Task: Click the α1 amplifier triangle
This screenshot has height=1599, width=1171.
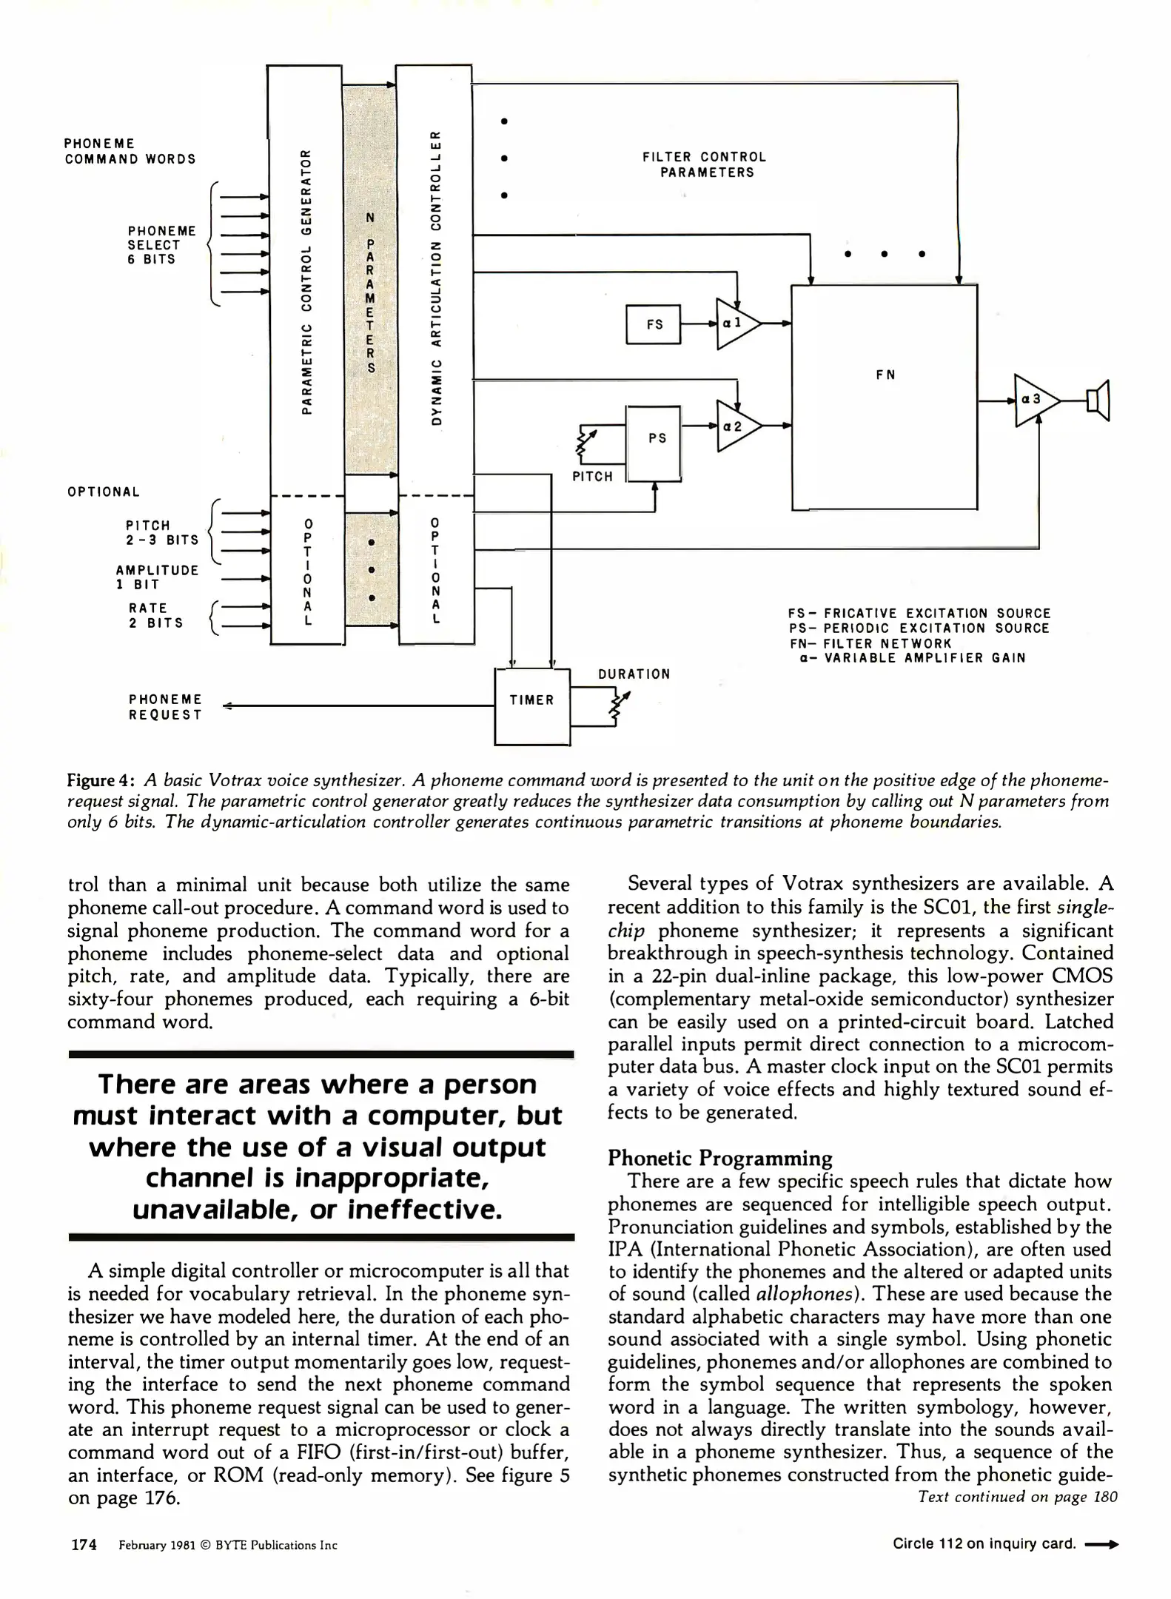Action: pyautogui.click(x=734, y=324)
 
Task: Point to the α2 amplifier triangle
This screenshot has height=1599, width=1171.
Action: pyautogui.click(x=735, y=426)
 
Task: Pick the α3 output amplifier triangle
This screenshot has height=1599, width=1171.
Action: pyautogui.click(x=1033, y=400)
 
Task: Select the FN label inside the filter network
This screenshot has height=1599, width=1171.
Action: pyautogui.click(x=885, y=375)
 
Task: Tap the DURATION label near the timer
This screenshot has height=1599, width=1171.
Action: pyautogui.click(x=634, y=674)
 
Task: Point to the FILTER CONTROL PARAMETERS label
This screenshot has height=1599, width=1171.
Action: pyautogui.click(x=704, y=164)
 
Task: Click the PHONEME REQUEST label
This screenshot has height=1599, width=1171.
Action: pyautogui.click(x=165, y=707)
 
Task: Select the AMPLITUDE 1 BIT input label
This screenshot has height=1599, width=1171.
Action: pyautogui.click(x=157, y=577)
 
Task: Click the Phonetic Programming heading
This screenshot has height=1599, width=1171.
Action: pyautogui.click(x=719, y=1158)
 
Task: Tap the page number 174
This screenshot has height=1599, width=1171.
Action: pyautogui.click(x=84, y=1544)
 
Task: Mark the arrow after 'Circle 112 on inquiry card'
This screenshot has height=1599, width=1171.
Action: pyautogui.click(x=1102, y=1544)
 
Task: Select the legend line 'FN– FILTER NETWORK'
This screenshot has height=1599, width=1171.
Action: pyautogui.click(x=870, y=643)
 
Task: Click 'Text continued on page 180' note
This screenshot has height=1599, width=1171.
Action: pyautogui.click(x=1017, y=1497)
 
